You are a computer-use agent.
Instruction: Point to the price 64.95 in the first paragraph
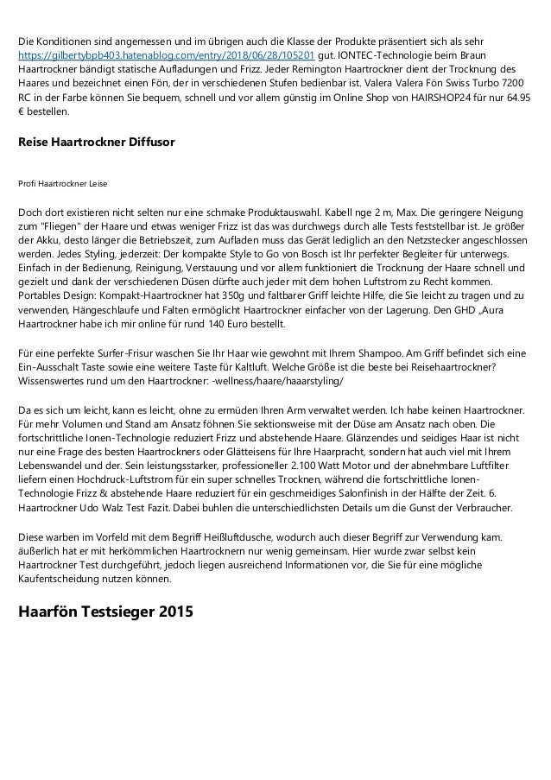point(516,98)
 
